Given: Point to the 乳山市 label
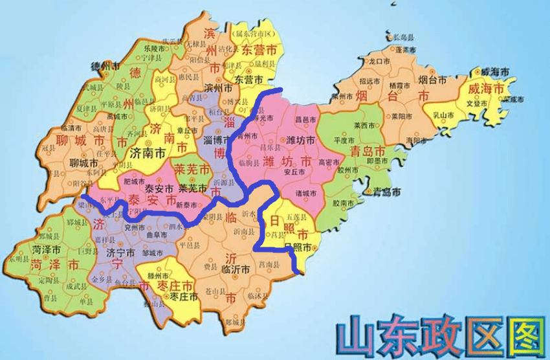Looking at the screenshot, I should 443,115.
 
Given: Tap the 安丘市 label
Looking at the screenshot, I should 293,173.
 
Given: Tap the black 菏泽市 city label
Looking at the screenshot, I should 47,249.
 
